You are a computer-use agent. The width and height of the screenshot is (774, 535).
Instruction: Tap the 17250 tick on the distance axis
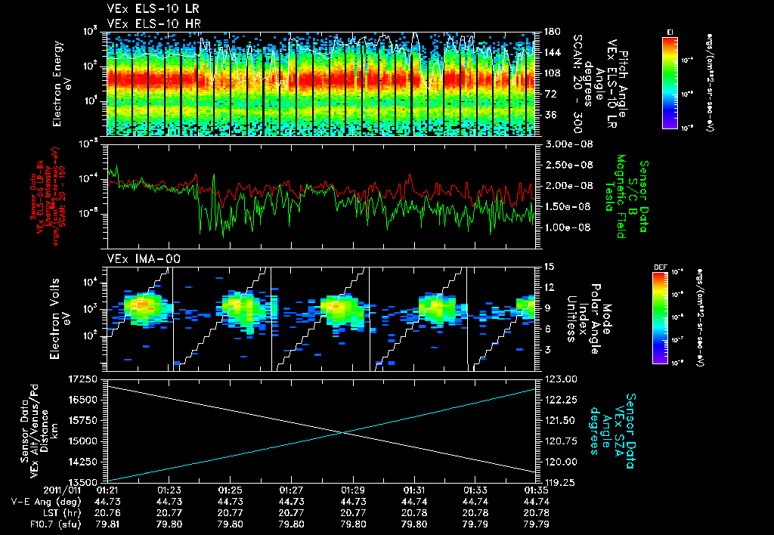(83, 378)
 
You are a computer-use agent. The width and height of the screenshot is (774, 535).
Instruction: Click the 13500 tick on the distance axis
(83, 481)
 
